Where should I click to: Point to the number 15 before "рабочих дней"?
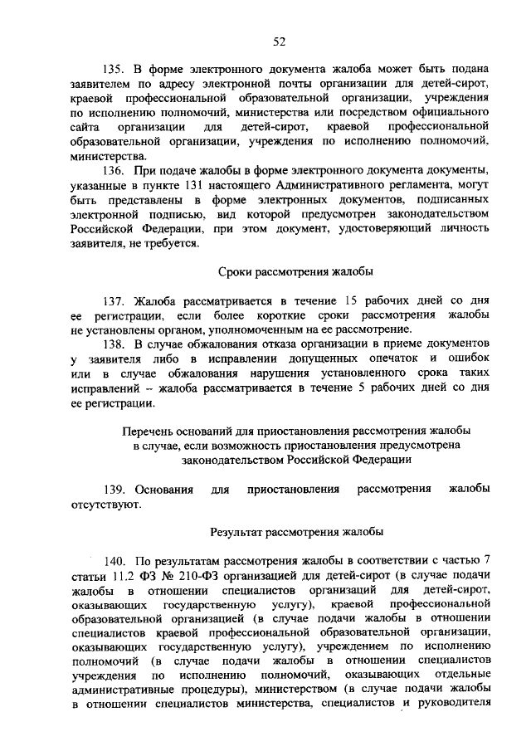[x=352, y=300]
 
